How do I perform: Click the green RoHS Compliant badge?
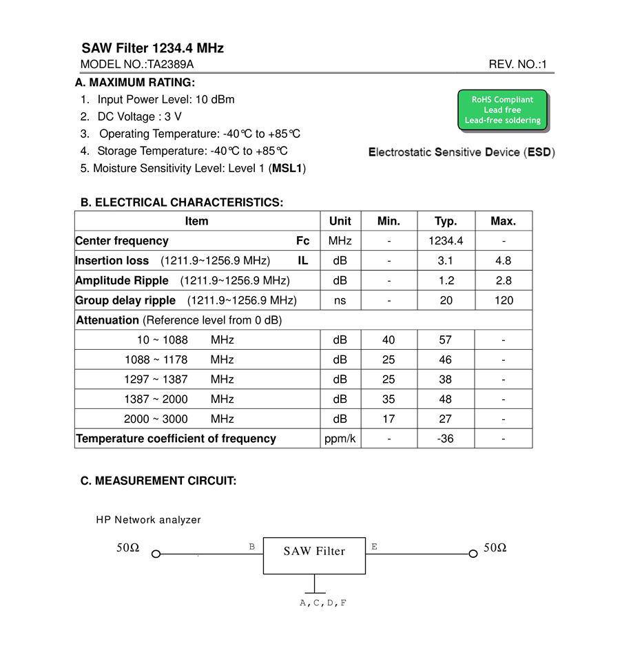[502, 110]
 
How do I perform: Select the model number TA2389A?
[170, 65]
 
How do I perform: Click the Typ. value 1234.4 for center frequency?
[446, 241]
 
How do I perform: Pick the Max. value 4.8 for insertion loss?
[504, 261]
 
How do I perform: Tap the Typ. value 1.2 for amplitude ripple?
[446, 281]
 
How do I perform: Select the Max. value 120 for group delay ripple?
[504, 300]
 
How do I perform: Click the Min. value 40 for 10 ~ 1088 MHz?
[389, 340]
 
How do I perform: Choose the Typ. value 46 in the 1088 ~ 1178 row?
[446, 359]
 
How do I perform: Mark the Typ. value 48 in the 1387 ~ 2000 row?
[446, 399]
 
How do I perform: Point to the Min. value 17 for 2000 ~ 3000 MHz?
[389, 419]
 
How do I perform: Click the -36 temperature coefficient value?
[446, 439]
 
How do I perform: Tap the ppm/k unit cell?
[340, 439]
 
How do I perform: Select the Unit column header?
[340, 221]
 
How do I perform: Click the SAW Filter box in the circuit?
[314, 555]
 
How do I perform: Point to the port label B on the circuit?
[252, 547]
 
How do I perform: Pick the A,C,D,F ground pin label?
[323, 603]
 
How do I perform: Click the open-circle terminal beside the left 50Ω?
[156, 554]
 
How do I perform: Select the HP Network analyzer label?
[148, 520]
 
